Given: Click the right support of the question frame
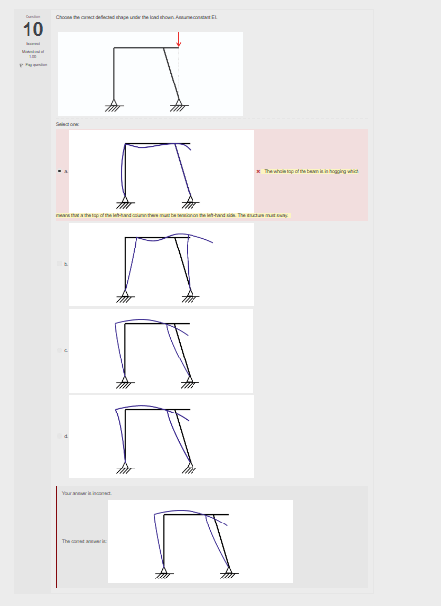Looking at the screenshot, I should pos(179,104).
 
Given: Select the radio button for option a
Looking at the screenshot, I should pos(59,171).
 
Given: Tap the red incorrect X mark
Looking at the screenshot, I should pos(258,171).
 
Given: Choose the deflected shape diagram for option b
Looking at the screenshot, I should pos(161,264).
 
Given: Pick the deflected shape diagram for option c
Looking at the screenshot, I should pos(161,350).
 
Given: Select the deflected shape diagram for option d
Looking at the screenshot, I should pos(161,436).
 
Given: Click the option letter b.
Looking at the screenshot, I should pos(65,264).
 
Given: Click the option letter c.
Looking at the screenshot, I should pos(65,350).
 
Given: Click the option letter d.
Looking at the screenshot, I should pos(65,436).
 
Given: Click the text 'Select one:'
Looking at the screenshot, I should pos(68,124).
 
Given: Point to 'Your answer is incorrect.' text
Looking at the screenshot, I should pos(85,492).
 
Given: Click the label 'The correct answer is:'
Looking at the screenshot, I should pos(83,541).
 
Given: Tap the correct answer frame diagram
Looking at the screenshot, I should pos(199,541).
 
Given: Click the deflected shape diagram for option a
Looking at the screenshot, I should pos(161,171).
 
